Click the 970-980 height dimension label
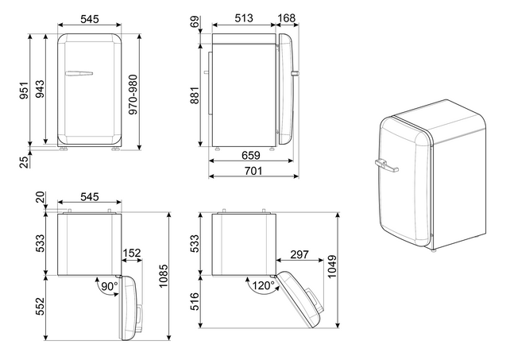pyautogui.click(x=133, y=95)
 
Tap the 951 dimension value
pyautogui.click(x=24, y=91)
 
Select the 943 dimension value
pyautogui.click(x=40, y=90)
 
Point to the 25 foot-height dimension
pyautogui.click(x=24, y=162)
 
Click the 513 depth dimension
pyautogui.click(x=244, y=18)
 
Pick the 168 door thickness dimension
pyautogui.click(x=287, y=18)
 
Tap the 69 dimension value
pyautogui.click(x=195, y=22)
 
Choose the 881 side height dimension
pyautogui.click(x=194, y=95)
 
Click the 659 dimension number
pyautogui.click(x=251, y=156)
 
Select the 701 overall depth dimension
pyautogui.click(x=253, y=171)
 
